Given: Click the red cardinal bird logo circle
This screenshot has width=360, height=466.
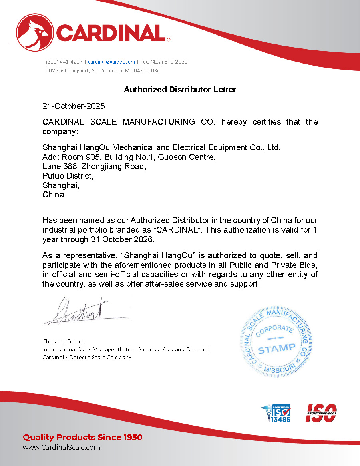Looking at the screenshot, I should coord(35,32).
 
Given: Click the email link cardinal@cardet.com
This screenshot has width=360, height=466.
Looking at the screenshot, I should coord(111,62).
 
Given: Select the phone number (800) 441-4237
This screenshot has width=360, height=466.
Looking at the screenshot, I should coord(64,62).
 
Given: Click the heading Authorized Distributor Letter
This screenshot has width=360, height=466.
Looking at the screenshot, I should coord(180,90).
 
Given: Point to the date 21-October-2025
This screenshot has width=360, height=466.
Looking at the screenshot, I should coord(74,106).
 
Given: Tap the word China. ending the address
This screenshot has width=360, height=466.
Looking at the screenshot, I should coord(54,195).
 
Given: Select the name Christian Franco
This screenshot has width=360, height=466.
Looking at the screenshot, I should coord(64,341).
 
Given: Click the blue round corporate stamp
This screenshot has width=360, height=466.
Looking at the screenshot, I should coord(276,342).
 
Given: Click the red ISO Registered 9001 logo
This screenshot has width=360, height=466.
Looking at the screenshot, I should coord(321,413).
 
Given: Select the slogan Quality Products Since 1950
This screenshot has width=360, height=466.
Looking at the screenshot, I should coord(83,437).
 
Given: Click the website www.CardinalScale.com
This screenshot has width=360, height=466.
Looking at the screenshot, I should coord(62,447).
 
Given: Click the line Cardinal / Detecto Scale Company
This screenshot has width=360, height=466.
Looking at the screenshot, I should coord(87,357).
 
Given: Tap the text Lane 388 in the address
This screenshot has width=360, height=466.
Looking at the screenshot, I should coord(60,166).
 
